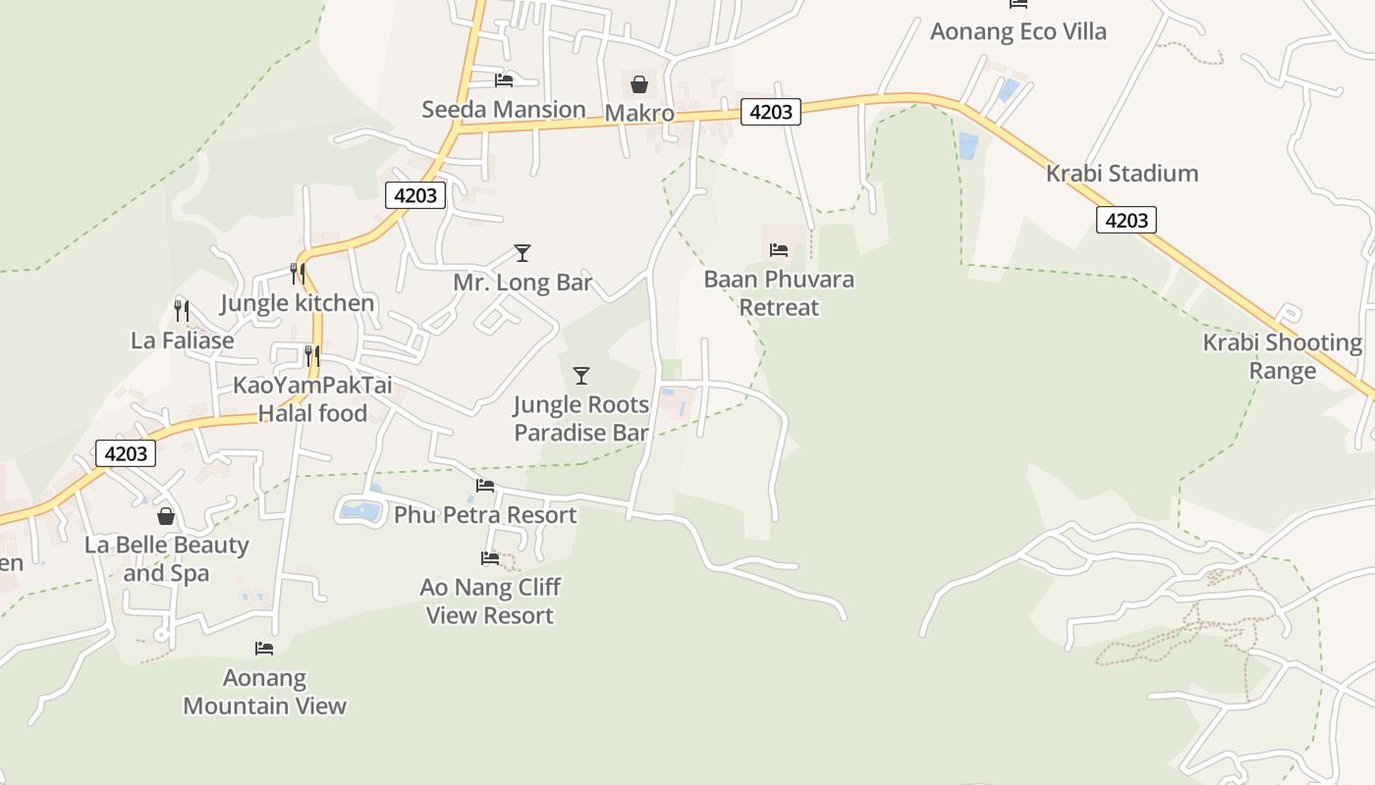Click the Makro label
pyautogui.click(x=639, y=113)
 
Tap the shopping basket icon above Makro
pyautogui.click(x=639, y=84)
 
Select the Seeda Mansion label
pyautogui.click(x=504, y=109)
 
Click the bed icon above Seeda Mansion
pyautogui.click(x=504, y=80)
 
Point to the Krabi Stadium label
pyautogui.click(x=1122, y=174)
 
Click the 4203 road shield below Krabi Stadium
pyautogui.click(x=1126, y=220)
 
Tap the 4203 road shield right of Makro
pyautogui.click(x=770, y=112)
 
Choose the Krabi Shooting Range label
pyautogui.click(x=1283, y=356)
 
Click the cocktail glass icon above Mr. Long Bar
pyautogui.click(x=522, y=253)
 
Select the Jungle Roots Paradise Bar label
pyautogui.click(x=581, y=419)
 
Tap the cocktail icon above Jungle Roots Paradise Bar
pyautogui.click(x=581, y=375)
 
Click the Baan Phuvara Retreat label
pyautogui.click(x=779, y=293)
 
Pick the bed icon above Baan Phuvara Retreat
pyautogui.click(x=779, y=249)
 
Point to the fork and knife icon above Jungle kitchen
pyautogui.click(x=297, y=274)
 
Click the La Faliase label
pyautogui.click(x=183, y=340)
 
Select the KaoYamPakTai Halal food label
pyautogui.click(x=312, y=399)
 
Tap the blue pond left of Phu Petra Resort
pyautogui.click(x=360, y=510)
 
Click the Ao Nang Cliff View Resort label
pyautogui.click(x=490, y=602)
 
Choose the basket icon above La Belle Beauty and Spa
pyautogui.click(x=166, y=516)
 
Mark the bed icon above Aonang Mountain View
pyautogui.click(x=264, y=648)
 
